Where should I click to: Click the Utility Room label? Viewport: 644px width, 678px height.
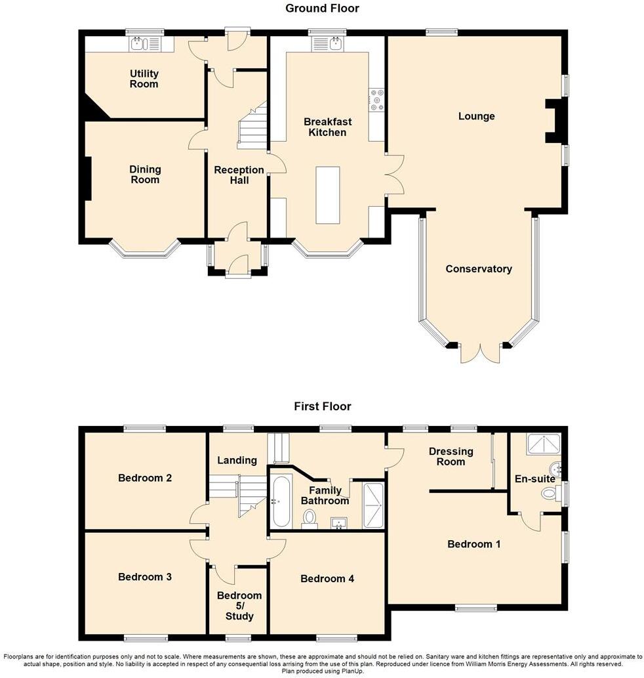tap(144, 79)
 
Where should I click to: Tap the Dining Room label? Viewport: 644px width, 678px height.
tap(145, 175)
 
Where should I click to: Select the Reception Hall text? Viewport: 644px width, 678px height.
tap(239, 175)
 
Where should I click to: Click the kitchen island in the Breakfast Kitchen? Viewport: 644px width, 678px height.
tap(328, 195)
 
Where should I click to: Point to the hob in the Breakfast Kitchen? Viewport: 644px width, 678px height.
tap(377, 101)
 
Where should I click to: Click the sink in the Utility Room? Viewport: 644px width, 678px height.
tap(137, 44)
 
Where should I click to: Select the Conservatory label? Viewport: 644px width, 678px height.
tap(478, 268)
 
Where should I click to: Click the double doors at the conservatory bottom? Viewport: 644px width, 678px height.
tap(479, 352)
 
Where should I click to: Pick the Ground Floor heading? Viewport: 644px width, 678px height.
tap(322, 9)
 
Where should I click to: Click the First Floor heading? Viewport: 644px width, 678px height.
tap(322, 406)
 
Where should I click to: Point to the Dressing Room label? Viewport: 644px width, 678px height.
tap(451, 456)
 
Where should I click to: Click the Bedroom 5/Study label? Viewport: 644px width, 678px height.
tap(239, 605)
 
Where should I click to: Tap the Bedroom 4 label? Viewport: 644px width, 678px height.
tap(327, 578)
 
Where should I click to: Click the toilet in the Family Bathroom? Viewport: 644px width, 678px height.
tap(309, 520)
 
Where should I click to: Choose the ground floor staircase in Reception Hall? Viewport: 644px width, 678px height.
tap(252, 129)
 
